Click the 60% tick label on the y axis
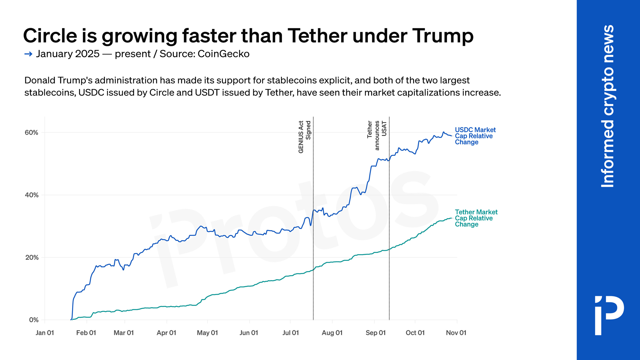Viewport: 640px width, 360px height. [x=31, y=132]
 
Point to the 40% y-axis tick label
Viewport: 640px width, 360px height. [x=31, y=195]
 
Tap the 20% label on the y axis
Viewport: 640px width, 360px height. [x=31, y=258]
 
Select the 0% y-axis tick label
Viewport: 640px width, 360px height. [x=33, y=320]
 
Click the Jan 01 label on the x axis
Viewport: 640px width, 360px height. [x=45, y=333]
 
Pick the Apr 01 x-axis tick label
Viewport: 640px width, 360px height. [x=166, y=333]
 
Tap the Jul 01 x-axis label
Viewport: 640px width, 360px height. [x=291, y=333]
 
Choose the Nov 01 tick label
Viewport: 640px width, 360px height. [x=456, y=333]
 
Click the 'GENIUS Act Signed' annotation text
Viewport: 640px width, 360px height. [x=304, y=137]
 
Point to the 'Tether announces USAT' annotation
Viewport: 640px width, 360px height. [x=377, y=135]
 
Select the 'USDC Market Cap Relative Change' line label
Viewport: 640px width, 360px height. [x=475, y=136]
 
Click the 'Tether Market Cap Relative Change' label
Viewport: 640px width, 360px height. [x=476, y=218]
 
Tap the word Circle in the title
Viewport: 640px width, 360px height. [x=50, y=36]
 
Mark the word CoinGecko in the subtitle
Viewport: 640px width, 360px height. [x=223, y=54]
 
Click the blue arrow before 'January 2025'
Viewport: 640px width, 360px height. [x=28, y=54]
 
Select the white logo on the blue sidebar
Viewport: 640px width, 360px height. [x=609, y=316]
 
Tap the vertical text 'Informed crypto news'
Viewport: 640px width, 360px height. [x=608, y=106]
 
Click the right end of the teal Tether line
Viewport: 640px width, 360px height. [x=451, y=218]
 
